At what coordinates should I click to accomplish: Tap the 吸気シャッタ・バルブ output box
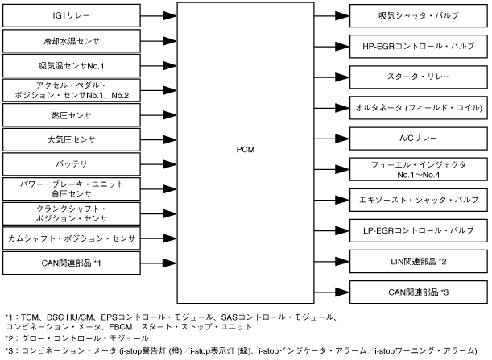(x=419, y=15)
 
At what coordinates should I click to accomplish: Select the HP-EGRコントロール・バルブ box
(x=419, y=46)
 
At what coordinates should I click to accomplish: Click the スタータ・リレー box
(x=419, y=77)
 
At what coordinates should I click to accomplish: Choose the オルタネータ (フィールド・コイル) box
(x=419, y=107)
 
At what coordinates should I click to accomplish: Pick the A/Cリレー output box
(x=419, y=138)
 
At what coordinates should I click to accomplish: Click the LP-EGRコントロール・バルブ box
(x=419, y=230)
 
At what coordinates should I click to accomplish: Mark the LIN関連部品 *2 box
(x=419, y=260)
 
